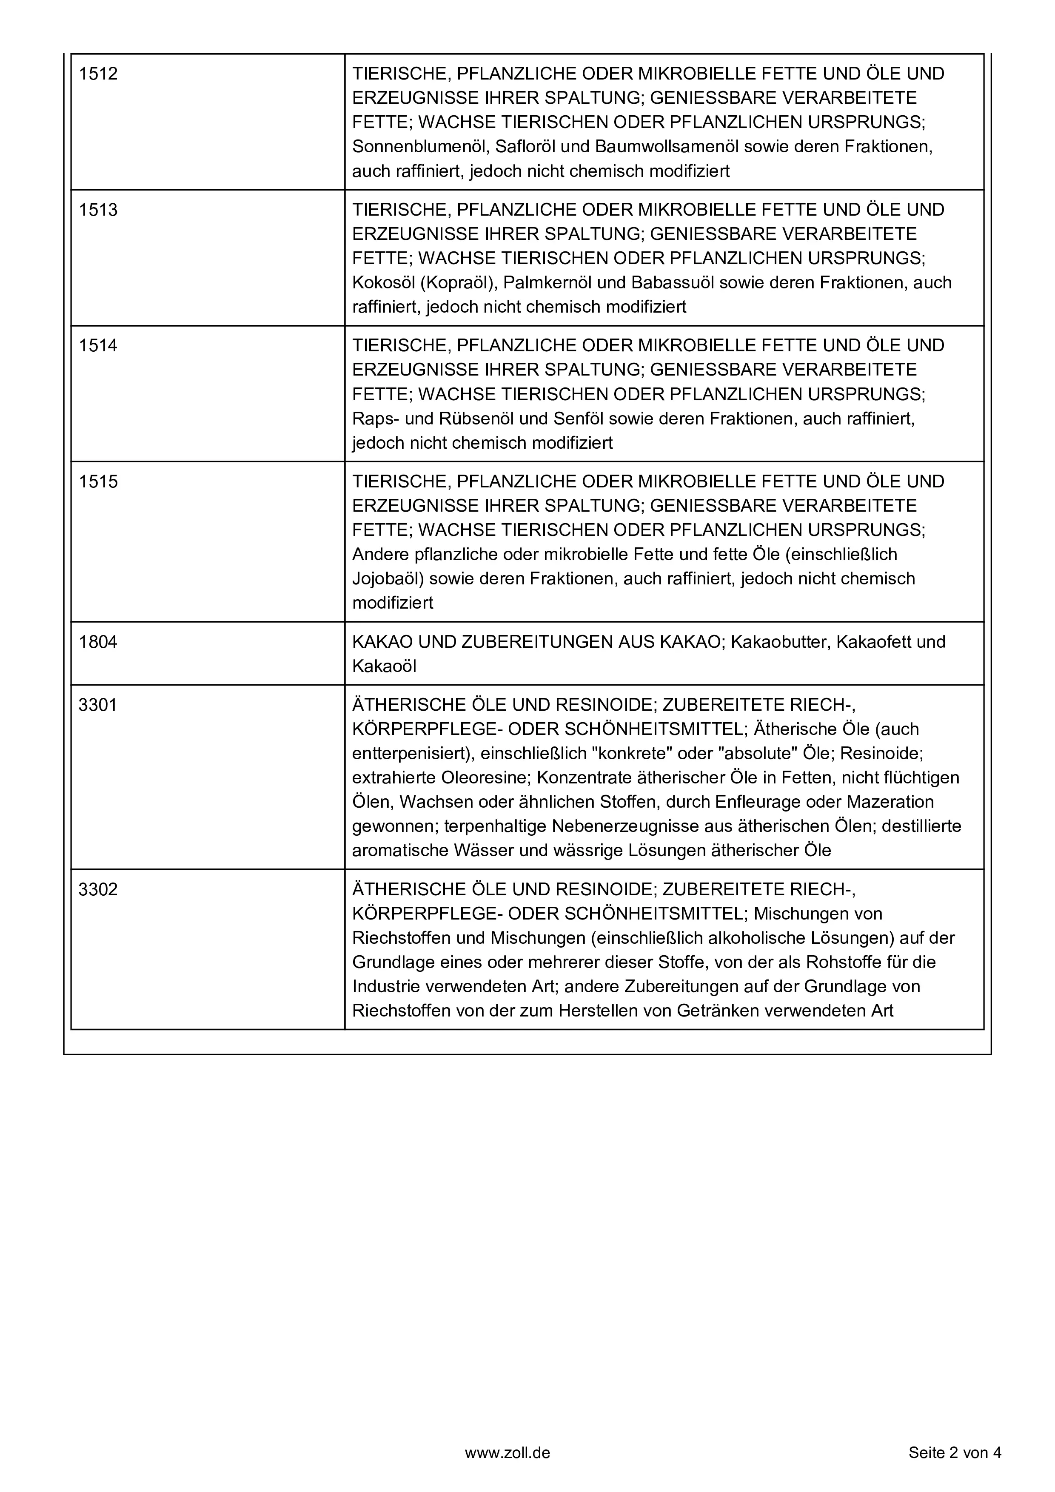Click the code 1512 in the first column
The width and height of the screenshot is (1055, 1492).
pos(98,74)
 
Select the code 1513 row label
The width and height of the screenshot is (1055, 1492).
pos(98,210)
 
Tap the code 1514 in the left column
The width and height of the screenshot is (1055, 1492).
pos(98,346)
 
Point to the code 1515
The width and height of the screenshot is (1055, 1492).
pos(98,481)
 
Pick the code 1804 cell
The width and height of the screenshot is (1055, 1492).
pos(98,642)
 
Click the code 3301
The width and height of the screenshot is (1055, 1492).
pos(98,705)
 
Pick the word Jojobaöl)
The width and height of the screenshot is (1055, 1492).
pos(388,578)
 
